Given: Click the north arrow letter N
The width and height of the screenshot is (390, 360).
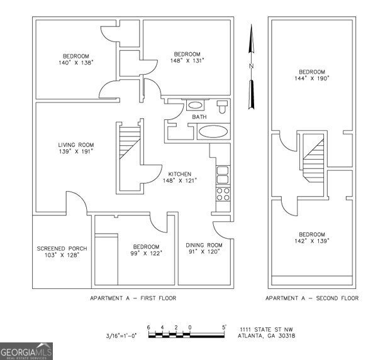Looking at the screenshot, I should point(251,65).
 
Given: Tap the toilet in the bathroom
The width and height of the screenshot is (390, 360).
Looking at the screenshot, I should point(221,106).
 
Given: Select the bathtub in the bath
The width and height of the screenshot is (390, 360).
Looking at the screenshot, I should point(214,132).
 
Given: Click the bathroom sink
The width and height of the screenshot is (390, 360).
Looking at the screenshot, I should point(196,106).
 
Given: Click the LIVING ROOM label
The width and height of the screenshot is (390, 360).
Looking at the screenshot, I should point(71,145).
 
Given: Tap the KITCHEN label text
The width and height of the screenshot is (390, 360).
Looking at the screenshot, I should point(180,174).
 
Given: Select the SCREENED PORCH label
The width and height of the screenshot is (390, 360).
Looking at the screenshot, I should point(62,248).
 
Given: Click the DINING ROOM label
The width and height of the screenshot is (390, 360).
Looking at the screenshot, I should point(204,244).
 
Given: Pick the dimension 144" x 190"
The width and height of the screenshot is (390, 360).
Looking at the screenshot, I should point(312,79).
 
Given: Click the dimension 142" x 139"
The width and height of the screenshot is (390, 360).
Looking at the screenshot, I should point(312,241).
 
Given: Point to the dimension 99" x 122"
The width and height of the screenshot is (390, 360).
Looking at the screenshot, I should point(147,253).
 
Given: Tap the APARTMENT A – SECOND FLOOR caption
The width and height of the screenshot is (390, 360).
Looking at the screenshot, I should point(312,298).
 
